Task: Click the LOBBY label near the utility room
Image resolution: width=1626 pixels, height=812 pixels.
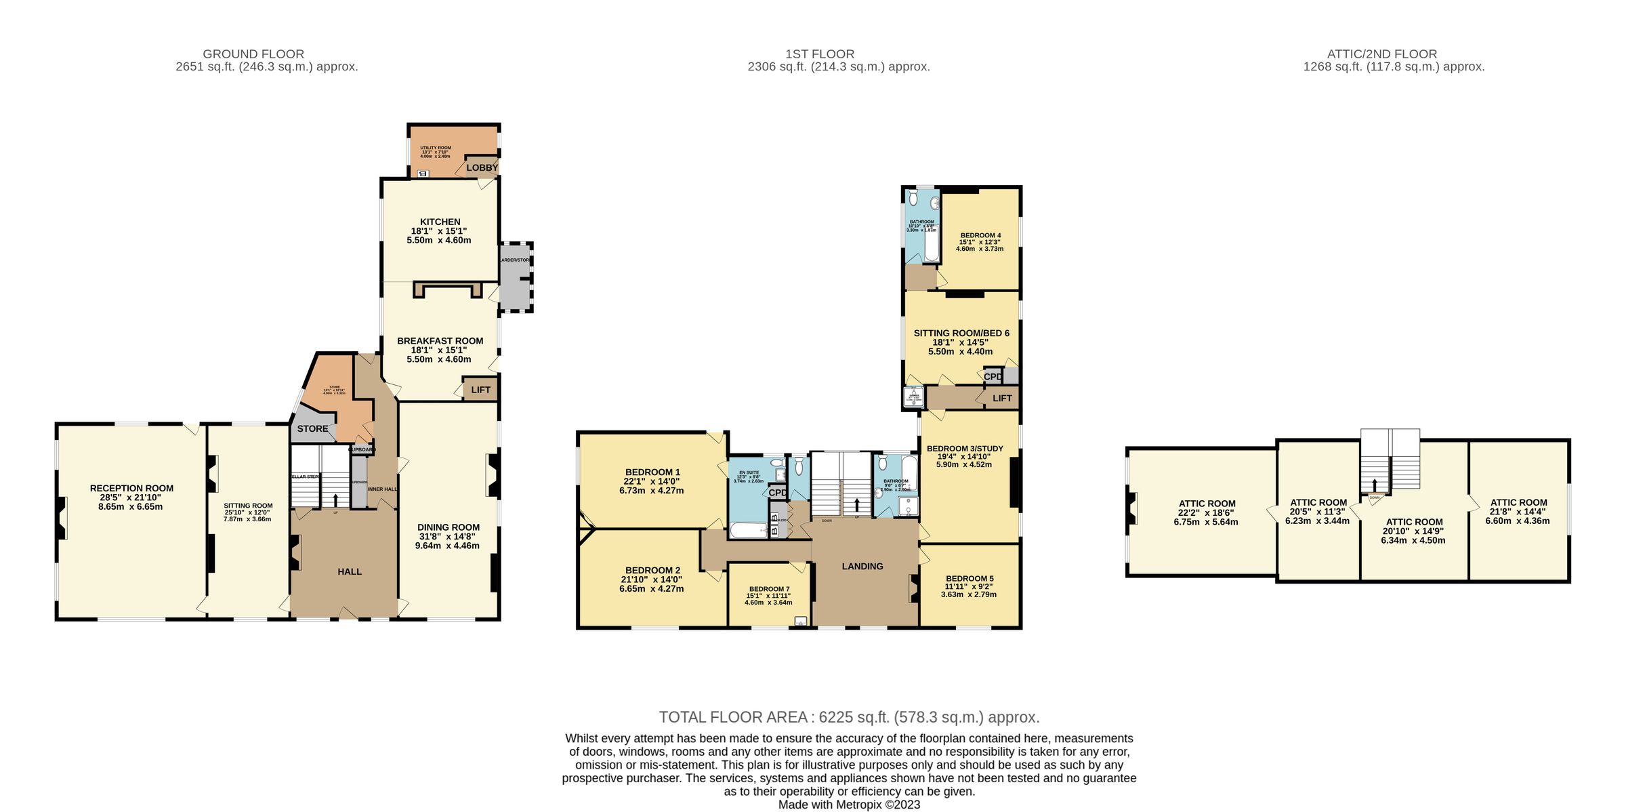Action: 482,167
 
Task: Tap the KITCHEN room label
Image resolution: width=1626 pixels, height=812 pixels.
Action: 440,222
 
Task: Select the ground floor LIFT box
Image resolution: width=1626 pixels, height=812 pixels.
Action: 480,390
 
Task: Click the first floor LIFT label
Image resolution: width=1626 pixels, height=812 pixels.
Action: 1002,398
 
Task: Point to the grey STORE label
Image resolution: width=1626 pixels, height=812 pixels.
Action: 312,428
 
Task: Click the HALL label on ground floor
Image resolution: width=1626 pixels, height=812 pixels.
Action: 350,571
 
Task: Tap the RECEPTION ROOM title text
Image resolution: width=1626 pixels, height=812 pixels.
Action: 131,488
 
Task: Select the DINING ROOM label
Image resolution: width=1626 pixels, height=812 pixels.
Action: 448,527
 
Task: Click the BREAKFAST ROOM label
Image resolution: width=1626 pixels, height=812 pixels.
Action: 440,341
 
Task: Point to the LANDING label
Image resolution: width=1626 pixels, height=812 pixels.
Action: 862,566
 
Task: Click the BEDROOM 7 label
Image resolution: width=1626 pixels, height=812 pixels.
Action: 769,589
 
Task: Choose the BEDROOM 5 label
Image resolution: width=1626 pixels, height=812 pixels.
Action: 970,579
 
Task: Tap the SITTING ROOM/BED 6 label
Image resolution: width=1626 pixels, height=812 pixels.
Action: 961,333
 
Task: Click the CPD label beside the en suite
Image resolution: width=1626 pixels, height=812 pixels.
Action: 778,493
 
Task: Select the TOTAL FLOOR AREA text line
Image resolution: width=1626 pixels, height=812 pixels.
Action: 849,717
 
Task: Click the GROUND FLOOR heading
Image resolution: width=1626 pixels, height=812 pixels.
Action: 253,54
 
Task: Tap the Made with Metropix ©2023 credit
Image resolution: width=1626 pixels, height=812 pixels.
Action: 849,805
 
